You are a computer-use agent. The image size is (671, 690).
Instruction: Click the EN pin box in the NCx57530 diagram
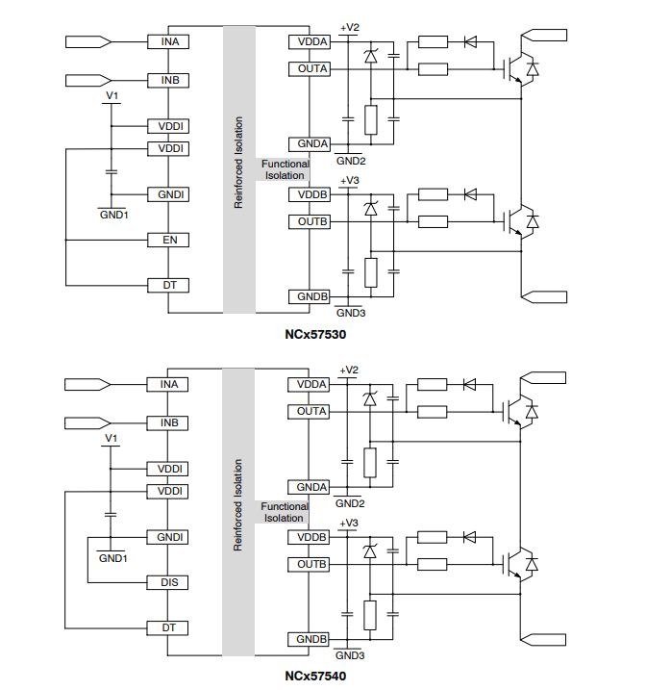click(167, 240)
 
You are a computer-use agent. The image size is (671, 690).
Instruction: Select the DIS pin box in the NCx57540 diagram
click(167, 582)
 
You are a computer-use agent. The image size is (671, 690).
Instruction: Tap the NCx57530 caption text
click(314, 335)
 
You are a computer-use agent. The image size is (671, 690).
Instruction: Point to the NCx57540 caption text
click(314, 676)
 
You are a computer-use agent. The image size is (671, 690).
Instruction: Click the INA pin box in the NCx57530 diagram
click(167, 41)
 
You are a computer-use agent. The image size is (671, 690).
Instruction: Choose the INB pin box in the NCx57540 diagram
click(167, 422)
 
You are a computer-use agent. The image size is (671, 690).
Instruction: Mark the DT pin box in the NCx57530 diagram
click(167, 286)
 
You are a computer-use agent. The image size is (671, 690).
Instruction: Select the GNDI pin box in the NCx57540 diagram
click(167, 537)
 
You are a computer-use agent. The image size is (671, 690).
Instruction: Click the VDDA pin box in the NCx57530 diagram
click(311, 41)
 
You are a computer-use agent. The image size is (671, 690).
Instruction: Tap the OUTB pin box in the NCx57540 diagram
click(311, 564)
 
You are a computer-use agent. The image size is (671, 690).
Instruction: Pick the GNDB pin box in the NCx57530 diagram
click(311, 296)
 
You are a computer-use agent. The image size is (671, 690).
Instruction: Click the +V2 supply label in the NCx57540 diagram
click(349, 371)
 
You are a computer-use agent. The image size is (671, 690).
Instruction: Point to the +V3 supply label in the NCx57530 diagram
click(349, 181)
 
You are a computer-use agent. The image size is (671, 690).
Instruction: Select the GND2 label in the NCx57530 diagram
click(350, 161)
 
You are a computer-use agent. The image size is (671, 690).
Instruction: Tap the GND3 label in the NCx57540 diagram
click(350, 655)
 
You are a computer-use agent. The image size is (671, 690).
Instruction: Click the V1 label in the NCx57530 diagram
click(112, 96)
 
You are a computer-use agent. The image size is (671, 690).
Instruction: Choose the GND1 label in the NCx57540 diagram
click(112, 557)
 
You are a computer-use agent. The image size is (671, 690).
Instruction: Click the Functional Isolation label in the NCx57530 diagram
click(285, 169)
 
